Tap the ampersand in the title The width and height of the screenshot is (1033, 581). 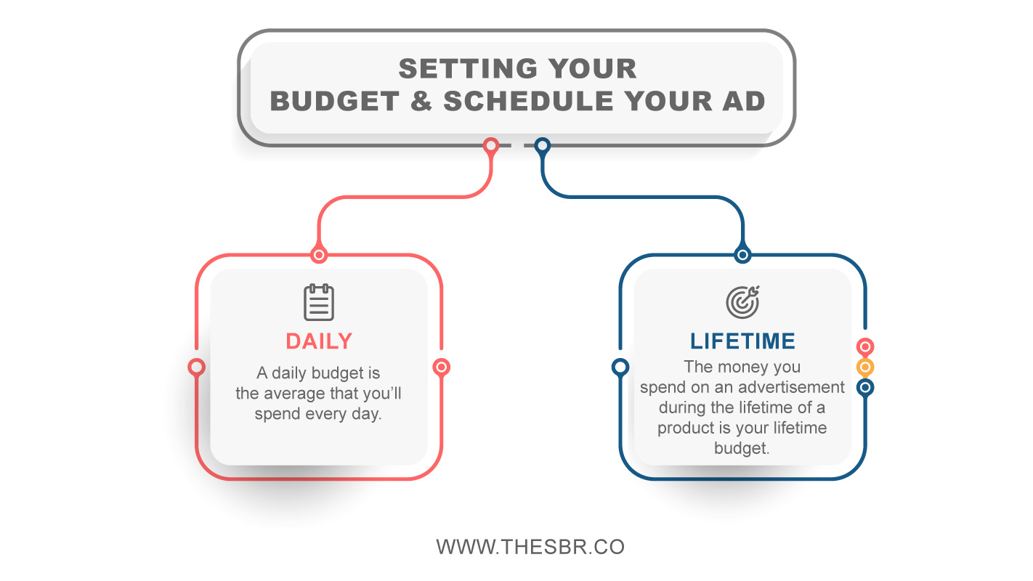click(x=421, y=101)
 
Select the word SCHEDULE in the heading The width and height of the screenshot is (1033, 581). click(x=529, y=101)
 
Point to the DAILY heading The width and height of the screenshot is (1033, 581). click(x=319, y=341)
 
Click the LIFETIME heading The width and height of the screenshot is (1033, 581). click(x=742, y=341)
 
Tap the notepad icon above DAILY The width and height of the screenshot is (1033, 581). click(x=319, y=302)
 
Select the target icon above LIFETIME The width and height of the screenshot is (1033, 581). click(x=742, y=302)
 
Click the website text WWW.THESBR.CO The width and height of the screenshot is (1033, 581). click(x=530, y=547)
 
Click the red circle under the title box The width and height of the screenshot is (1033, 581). click(x=490, y=146)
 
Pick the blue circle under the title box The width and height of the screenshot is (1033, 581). click(x=543, y=146)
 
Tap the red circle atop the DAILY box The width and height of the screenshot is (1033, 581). click(x=319, y=254)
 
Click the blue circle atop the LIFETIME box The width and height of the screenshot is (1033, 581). click(x=742, y=254)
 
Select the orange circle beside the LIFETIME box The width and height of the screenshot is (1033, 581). click(x=865, y=367)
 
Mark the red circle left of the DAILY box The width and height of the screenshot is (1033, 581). click(x=196, y=367)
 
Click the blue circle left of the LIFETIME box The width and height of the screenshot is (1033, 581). click(x=620, y=367)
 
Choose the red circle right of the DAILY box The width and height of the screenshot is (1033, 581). click(x=442, y=367)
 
